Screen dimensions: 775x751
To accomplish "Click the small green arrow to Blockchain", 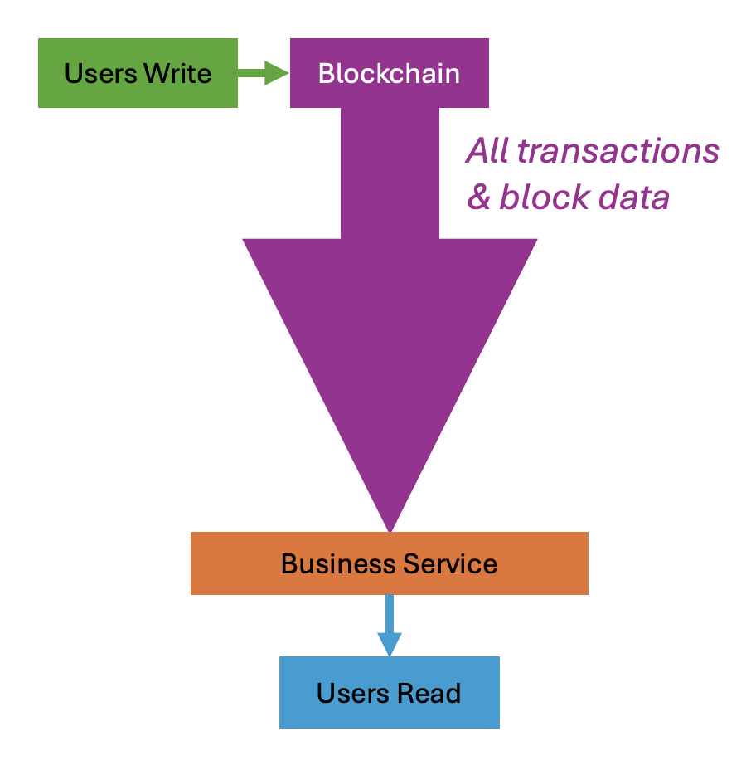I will coord(263,73).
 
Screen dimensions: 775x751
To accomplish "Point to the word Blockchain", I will coord(389,73).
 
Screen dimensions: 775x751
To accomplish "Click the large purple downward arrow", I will coord(390,315).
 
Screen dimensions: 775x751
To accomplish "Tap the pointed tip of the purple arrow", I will coord(390,526).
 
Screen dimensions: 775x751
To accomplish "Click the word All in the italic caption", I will coord(487,151).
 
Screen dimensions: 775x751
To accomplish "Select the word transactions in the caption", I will coord(618,151).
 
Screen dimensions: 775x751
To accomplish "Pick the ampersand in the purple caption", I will coord(479,197).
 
